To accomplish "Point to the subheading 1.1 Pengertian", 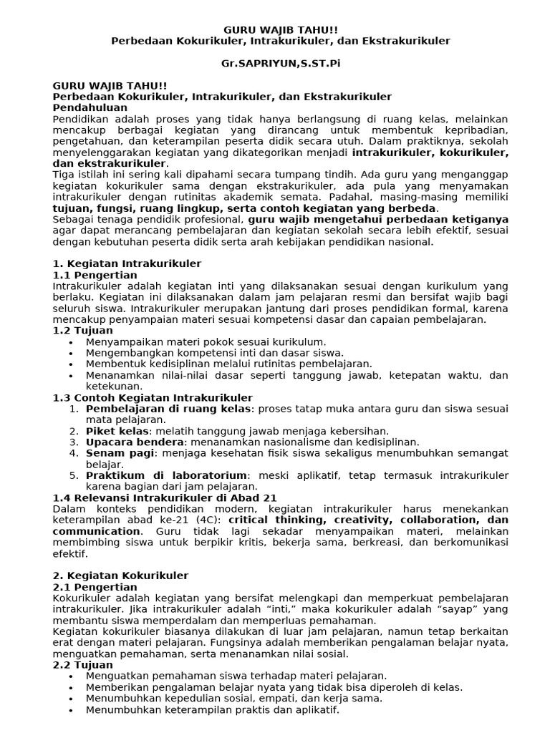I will click(95, 275).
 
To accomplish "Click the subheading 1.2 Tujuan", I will click(83, 331).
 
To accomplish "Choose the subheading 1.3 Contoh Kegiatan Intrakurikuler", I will click(153, 398).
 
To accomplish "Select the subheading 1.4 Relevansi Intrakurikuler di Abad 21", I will click(165, 497).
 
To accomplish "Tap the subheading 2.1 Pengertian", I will click(95, 587).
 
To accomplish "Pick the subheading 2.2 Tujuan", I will click(83, 665).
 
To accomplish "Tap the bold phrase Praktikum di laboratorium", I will click(166, 475).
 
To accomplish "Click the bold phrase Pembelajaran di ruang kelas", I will click(168, 409).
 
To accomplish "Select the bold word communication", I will click(97, 531).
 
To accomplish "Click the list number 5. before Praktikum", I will click(74, 475).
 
